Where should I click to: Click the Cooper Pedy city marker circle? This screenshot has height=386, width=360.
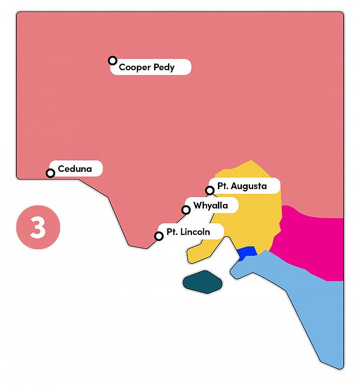[x=112, y=60]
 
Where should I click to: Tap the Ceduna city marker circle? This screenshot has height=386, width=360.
[x=50, y=173]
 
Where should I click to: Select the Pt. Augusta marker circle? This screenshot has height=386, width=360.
[x=210, y=191]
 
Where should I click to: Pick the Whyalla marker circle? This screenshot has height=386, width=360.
[x=186, y=210]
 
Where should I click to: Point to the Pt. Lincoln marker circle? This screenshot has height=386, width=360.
[x=158, y=236]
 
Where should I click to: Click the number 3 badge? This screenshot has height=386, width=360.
[x=38, y=228]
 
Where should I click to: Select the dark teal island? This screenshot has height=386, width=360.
[x=203, y=282]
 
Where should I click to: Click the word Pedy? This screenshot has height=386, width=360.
[x=165, y=67]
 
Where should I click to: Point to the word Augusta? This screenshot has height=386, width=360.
[x=250, y=186]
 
